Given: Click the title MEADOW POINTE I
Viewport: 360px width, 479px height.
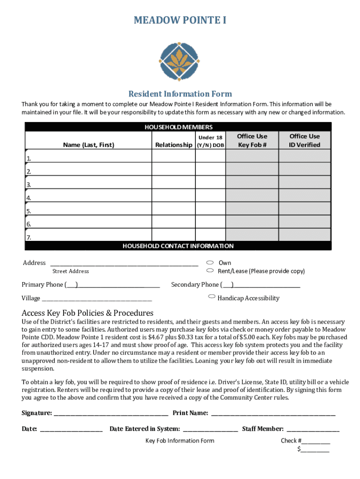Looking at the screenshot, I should tap(180, 20).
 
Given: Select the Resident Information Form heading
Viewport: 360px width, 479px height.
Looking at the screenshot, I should tap(180, 94).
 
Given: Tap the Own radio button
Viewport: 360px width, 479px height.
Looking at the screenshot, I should tap(210, 262).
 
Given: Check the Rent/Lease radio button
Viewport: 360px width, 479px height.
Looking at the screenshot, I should tap(210, 270).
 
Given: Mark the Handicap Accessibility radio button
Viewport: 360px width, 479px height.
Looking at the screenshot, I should tap(212, 297).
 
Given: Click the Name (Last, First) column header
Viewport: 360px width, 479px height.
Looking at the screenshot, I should tap(88, 145).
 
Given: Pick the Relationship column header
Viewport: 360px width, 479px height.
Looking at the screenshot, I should tap(173, 145).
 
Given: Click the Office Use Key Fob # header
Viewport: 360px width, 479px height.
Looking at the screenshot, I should tap(252, 140).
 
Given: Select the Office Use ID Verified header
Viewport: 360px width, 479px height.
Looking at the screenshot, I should tap(304, 140).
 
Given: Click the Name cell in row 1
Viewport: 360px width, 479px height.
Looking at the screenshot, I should tap(88, 156).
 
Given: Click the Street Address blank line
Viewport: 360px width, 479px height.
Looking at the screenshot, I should tap(124, 263).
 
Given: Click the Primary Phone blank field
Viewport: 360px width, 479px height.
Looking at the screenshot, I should tap(119, 285).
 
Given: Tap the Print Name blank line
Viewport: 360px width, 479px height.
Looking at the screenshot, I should tap(273, 413).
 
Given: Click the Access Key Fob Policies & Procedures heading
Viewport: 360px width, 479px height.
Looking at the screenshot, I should tap(87, 312).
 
